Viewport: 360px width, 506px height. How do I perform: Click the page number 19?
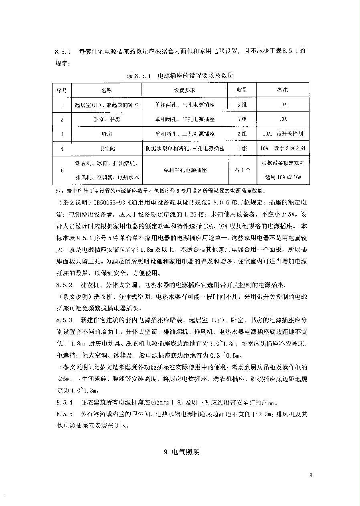click(309, 475)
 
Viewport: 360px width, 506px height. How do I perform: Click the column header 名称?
click(107, 90)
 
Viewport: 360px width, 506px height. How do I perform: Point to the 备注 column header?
click(283, 90)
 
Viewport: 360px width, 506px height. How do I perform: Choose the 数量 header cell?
click(242, 90)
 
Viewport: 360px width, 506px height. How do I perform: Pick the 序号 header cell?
click(62, 90)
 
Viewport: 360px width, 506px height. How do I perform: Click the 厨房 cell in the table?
click(107, 134)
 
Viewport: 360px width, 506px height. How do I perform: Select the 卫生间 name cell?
click(107, 149)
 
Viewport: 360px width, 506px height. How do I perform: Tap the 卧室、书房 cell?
click(107, 119)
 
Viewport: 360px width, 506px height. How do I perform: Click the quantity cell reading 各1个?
click(242, 170)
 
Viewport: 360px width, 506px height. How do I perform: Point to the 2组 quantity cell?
click(242, 134)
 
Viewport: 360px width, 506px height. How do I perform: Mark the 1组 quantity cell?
click(242, 149)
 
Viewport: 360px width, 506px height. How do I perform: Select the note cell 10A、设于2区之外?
click(283, 149)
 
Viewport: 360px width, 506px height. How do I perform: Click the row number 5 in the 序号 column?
click(62, 170)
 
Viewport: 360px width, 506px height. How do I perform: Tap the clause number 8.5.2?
click(64, 285)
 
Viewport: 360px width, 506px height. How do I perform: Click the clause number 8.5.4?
click(64, 402)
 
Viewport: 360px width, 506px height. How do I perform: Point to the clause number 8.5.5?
click(64, 413)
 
